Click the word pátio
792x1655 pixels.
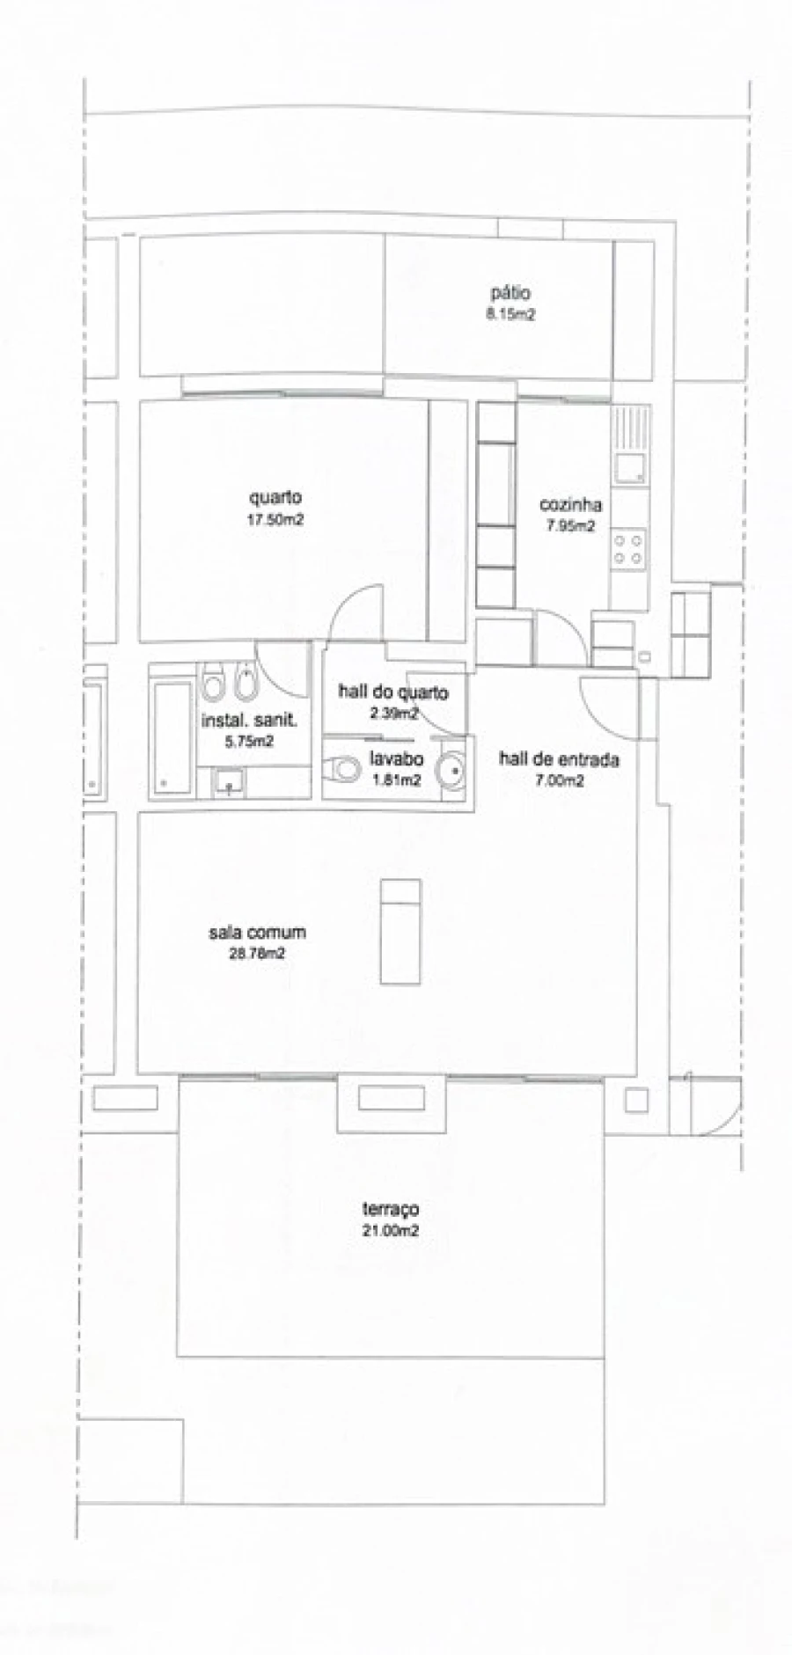510,293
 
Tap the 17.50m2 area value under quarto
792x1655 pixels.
275,520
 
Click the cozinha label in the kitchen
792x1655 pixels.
570,504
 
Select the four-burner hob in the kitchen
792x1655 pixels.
628,549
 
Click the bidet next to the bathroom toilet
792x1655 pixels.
246,682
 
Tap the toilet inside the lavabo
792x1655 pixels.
343,770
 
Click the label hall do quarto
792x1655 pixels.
392,692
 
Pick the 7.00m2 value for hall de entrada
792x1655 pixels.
558,780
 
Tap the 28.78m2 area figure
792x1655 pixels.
257,953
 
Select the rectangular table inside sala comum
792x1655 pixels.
400,930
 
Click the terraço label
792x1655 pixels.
390,1209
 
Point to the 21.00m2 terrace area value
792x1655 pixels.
390,1230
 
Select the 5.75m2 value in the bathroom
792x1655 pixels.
249,741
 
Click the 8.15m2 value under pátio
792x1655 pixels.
510,313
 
